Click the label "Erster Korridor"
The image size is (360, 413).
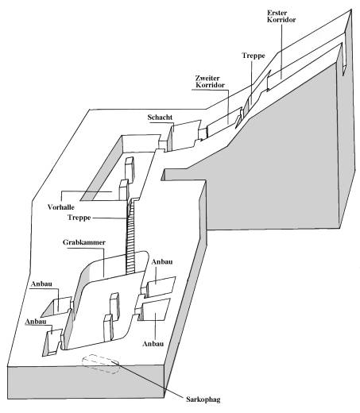click(x=281, y=16)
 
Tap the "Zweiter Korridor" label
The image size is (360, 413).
click(x=210, y=82)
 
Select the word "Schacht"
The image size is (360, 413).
click(x=160, y=118)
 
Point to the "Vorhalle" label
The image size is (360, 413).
click(x=61, y=207)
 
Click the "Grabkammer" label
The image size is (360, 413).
click(x=84, y=242)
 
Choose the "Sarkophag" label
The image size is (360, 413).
click(x=203, y=399)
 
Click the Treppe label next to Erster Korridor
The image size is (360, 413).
click(x=254, y=56)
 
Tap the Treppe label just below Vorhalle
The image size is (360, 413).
click(x=79, y=218)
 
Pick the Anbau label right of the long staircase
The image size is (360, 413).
click(x=162, y=262)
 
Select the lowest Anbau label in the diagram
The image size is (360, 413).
click(x=153, y=344)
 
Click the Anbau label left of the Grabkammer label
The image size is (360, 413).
click(x=41, y=284)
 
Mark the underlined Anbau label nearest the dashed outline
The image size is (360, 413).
click(x=36, y=322)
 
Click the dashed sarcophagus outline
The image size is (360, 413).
click(x=101, y=364)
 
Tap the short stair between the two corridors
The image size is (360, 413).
click(x=250, y=102)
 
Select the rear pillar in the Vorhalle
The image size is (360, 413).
click(x=130, y=168)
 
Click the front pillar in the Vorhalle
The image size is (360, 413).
click(x=124, y=190)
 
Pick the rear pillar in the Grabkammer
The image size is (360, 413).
click(x=114, y=304)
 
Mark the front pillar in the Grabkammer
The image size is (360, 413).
click(x=109, y=327)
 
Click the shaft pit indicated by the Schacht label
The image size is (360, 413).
click(x=184, y=135)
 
